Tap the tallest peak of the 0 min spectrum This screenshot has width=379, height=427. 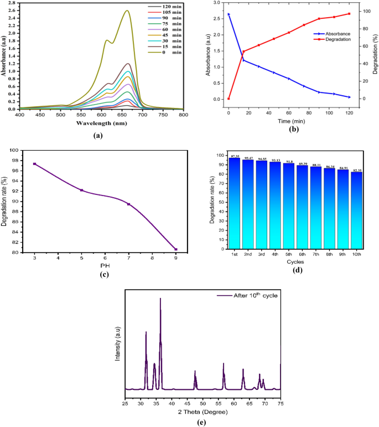(128, 11)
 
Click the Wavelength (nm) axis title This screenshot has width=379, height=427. (101, 124)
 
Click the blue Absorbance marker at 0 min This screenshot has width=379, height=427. (229, 14)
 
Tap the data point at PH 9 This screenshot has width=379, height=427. (176, 249)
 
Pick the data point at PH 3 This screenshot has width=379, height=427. (34, 164)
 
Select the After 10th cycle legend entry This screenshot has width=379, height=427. (249, 296)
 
